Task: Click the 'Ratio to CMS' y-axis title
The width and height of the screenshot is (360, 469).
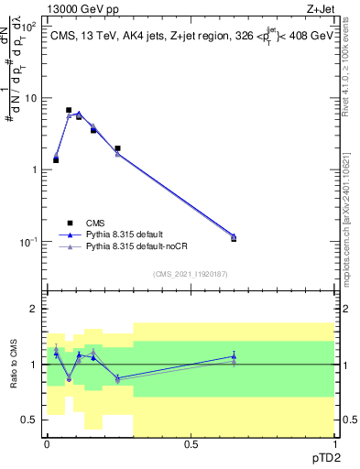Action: pos(14,364)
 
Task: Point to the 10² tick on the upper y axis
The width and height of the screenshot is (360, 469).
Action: pos(27,26)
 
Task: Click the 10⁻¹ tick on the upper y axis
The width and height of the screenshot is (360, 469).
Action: pos(27,241)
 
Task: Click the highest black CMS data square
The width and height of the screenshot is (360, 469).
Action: pos(69,110)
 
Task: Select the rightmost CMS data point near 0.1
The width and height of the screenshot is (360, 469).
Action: pos(234,238)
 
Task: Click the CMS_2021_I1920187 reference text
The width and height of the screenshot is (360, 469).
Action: pos(190,274)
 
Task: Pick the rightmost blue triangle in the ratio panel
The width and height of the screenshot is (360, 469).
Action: pos(234,356)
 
